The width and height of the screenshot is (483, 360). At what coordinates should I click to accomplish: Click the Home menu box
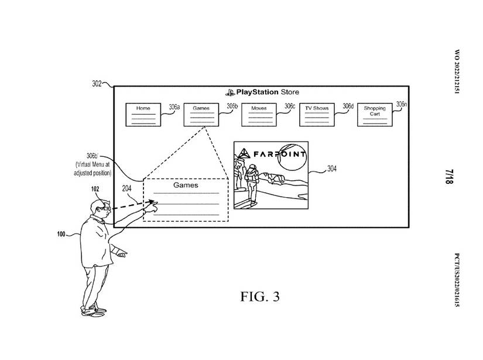point(143,114)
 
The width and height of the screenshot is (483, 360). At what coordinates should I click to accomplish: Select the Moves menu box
point(259,114)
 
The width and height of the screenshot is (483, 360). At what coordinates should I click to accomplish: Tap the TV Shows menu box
point(317,114)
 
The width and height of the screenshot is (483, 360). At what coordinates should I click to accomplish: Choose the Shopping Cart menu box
point(375,114)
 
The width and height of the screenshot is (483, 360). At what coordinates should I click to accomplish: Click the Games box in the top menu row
point(201,114)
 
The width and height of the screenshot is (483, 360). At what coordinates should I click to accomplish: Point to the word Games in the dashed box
point(186,185)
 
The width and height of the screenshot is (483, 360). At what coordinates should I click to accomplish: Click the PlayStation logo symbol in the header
point(229,92)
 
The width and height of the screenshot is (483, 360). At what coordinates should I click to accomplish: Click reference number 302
point(98,84)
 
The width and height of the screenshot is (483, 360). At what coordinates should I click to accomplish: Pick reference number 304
point(331,170)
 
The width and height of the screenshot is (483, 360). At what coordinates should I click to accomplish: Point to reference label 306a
point(174,107)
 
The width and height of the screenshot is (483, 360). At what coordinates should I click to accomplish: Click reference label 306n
point(401,104)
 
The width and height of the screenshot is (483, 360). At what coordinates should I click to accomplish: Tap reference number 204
point(127,188)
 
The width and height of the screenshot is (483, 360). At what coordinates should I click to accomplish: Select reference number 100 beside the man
point(61,234)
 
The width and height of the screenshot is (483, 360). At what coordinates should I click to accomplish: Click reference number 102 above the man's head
point(95,190)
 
